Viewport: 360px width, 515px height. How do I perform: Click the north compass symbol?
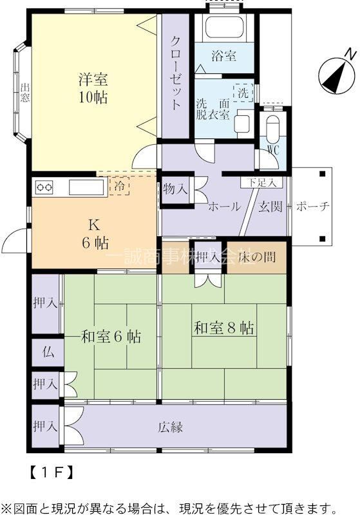coord(337,75)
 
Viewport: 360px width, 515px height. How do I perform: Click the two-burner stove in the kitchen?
coord(44,187)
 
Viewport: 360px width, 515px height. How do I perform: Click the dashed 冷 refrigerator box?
coord(119,186)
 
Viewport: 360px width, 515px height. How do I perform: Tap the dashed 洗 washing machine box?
coord(243,93)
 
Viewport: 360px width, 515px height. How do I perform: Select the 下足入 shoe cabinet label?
coord(261,183)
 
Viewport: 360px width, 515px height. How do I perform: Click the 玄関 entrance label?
coord(270,207)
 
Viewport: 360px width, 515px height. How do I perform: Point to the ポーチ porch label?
coord(312,207)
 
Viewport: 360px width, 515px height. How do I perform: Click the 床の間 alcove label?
coord(257,257)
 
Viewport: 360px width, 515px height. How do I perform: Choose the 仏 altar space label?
coord(48,352)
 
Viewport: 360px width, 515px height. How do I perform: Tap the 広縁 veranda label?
coord(170,427)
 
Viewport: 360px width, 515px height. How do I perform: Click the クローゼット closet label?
coord(175,73)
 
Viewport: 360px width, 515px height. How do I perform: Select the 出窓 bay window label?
coord(24,93)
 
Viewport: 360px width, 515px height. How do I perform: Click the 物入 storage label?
coord(175,189)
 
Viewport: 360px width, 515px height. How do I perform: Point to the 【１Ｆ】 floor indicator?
coord(51,473)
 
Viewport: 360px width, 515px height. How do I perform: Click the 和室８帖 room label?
coord(223,328)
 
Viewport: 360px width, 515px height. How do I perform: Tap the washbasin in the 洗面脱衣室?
coord(244,124)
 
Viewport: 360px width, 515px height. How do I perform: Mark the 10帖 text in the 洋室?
coord(92,98)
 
